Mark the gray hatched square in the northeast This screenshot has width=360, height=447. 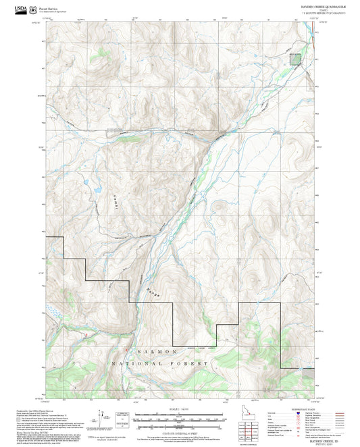pos(295,59)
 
